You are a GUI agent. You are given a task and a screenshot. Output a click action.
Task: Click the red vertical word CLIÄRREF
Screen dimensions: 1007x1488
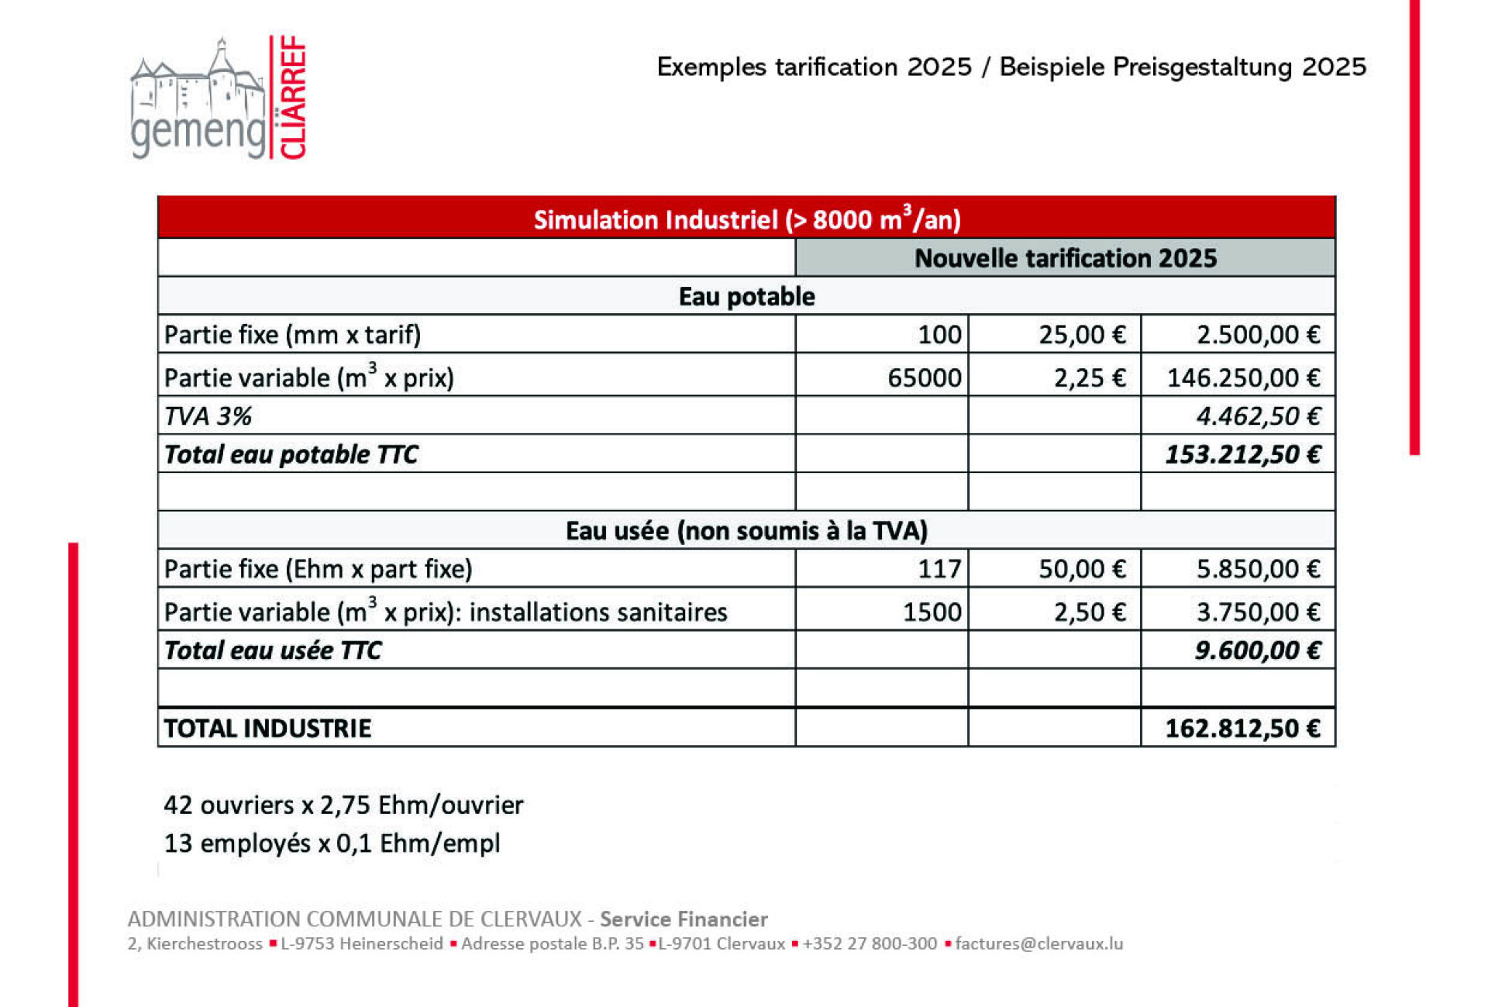click(x=292, y=98)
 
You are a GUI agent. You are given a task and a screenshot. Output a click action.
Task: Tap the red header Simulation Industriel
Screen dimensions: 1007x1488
click(x=746, y=219)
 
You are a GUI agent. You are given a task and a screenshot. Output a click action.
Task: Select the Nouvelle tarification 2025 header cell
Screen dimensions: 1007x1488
click(x=1065, y=258)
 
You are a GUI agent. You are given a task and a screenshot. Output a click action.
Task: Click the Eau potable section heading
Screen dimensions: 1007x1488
click(x=746, y=296)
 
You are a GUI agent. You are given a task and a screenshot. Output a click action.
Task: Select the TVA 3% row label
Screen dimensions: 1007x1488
click(x=208, y=416)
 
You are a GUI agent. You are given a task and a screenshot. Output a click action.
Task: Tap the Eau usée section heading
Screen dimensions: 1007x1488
click(x=746, y=531)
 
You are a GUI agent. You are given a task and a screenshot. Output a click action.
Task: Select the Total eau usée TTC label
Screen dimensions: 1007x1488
click(x=273, y=650)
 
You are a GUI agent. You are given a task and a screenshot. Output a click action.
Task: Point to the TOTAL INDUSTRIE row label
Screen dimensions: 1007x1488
click(x=267, y=729)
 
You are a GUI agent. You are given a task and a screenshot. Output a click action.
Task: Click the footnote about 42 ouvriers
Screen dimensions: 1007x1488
click(x=343, y=805)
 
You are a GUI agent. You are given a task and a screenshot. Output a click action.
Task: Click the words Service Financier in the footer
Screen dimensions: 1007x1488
click(x=684, y=919)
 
